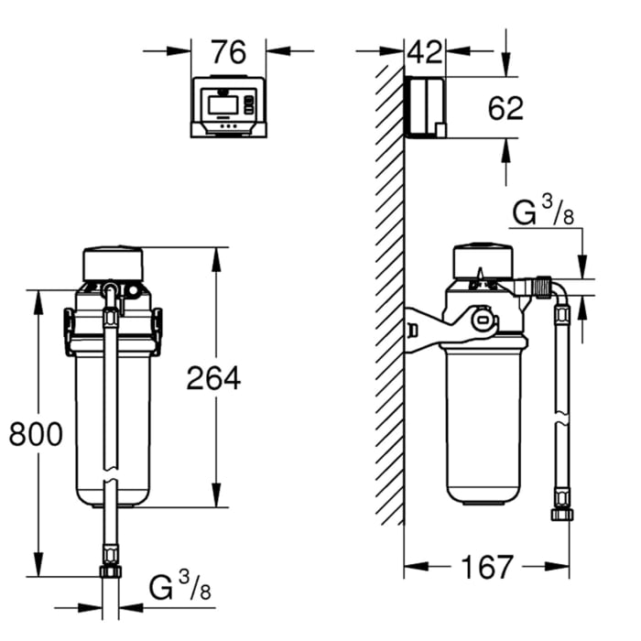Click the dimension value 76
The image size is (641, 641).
coord(228,52)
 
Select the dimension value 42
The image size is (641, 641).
coord(424,52)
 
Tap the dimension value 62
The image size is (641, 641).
coord(505,108)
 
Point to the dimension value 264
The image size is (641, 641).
coord(213,377)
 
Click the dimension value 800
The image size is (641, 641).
coord(36,433)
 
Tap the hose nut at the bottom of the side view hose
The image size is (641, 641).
coord(561,514)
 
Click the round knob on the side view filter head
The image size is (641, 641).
coord(481,319)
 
